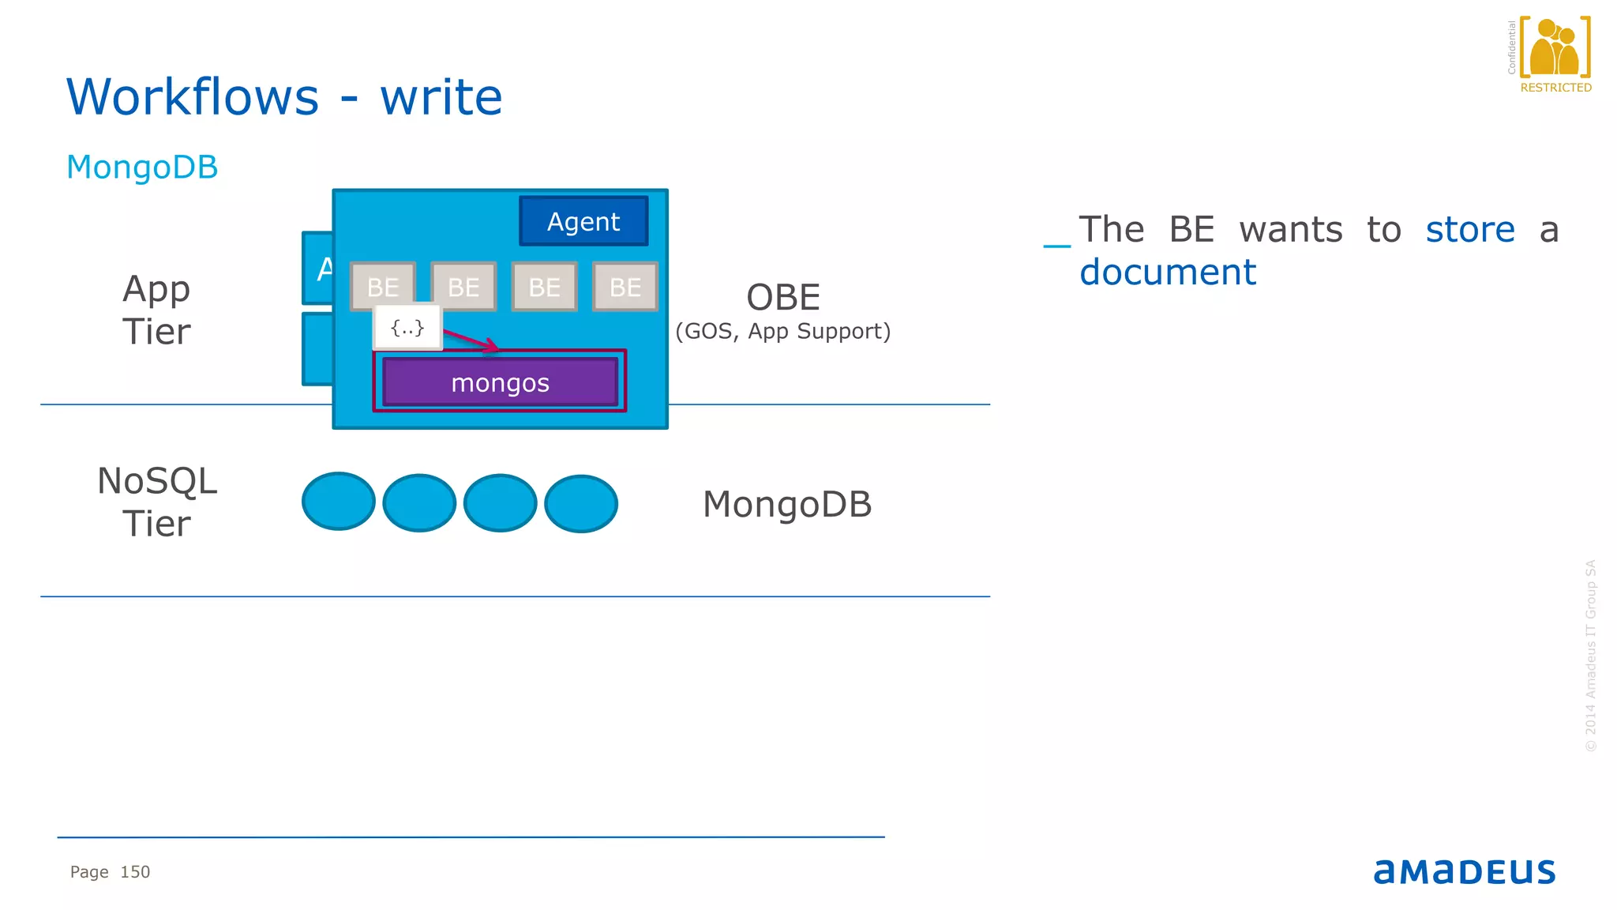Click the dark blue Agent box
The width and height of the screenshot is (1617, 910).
(583, 221)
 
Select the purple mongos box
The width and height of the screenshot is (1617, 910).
(500, 382)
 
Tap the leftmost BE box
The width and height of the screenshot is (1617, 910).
(383, 287)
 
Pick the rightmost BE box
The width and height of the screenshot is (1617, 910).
(625, 287)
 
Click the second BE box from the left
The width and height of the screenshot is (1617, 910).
(463, 287)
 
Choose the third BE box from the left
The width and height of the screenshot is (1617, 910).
(545, 287)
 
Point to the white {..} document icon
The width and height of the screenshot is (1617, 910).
(407, 327)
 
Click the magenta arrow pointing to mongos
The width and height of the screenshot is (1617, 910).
(471, 340)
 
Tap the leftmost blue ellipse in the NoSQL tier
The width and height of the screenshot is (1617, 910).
(339, 502)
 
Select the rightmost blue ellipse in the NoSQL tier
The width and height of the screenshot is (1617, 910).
(581, 503)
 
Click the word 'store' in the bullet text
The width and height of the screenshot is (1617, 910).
(1470, 230)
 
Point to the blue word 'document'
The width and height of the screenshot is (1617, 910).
(1168, 273)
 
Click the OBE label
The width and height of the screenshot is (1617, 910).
(783, 298)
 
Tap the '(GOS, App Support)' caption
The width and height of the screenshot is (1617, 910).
(783, 331)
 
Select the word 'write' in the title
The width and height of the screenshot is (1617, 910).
(441, 97)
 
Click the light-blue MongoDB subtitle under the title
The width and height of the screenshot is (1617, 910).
(142, 167)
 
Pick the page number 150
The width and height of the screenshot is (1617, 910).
(135, 872)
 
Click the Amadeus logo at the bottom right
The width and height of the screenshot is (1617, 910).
(1465, 871)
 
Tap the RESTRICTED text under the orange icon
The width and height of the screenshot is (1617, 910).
(1555, 88)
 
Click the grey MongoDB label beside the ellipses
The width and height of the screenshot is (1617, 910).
(787, 505)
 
